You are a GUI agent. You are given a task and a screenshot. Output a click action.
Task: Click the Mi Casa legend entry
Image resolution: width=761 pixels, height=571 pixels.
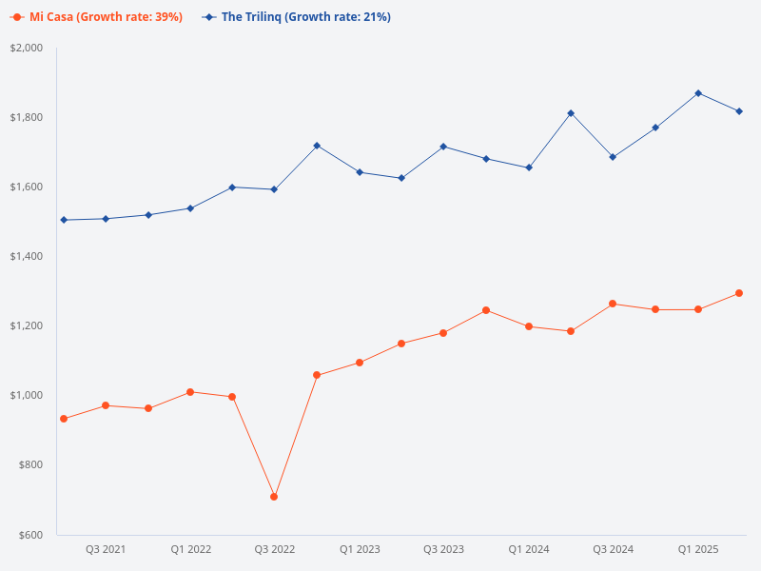98,17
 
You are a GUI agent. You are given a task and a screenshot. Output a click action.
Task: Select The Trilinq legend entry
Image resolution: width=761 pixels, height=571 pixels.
297,17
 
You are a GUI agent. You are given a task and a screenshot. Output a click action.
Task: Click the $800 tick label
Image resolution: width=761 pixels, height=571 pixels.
32,464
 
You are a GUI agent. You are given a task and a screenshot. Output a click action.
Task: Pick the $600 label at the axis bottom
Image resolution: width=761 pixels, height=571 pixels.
32,534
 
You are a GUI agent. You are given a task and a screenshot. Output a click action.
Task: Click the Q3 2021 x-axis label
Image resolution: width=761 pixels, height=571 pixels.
106,550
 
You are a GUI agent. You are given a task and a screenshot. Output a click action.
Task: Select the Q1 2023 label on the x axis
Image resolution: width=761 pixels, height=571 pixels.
360,550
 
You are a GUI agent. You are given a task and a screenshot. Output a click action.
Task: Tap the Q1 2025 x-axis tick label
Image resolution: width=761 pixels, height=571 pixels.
697,550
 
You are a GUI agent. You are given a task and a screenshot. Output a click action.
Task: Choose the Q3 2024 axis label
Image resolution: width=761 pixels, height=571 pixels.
613,550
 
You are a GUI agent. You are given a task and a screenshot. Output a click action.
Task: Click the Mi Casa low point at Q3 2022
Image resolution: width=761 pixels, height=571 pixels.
274,497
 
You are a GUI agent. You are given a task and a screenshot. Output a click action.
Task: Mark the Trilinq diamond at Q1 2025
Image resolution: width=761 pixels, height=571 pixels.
697,93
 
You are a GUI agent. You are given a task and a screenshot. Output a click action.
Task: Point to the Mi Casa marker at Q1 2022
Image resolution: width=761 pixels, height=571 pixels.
190,392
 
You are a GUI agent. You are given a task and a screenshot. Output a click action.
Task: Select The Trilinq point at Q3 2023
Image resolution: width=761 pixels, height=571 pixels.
443,147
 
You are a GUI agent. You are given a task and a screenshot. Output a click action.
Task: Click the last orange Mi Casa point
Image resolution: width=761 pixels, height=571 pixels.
739,293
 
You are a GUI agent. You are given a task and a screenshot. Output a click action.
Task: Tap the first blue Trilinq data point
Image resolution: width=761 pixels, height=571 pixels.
64,220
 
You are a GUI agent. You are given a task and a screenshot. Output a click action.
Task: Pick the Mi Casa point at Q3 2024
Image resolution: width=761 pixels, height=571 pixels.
613,304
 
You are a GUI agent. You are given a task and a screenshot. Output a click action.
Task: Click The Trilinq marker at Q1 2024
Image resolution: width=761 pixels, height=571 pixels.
529,167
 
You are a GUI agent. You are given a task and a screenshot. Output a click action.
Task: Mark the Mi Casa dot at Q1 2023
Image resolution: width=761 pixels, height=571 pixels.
360,363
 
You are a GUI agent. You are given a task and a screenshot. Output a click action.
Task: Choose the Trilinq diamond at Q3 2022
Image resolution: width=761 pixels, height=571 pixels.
274,189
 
